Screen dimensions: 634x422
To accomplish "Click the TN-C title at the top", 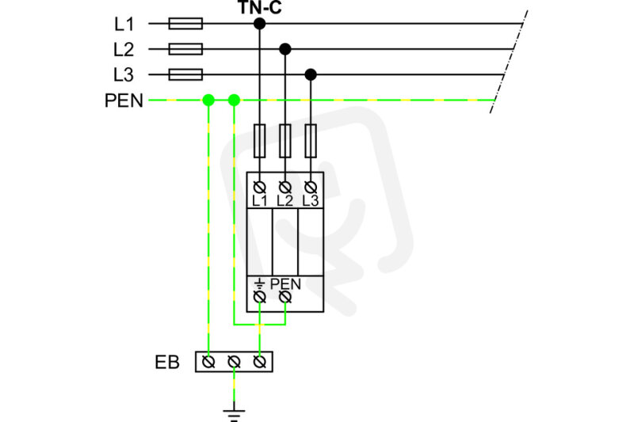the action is coord(260,7).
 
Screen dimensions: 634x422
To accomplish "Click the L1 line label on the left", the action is coord(124,25).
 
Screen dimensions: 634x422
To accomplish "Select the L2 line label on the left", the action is coord(124,49).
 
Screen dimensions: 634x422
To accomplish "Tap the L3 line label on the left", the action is coord(124,74).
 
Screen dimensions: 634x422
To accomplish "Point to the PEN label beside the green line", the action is coord(124,101).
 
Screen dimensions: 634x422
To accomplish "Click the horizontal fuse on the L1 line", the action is coord(185,24).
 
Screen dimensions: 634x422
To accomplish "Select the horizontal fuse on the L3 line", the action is coord(185,74).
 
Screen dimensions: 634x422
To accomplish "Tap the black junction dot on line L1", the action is coord(260,24).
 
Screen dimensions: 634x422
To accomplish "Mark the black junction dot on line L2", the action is coord(285,49).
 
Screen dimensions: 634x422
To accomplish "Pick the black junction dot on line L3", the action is coord(311,74).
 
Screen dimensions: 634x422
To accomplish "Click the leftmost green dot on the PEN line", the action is coord(208,100).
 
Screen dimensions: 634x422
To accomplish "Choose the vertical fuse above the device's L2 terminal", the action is coord(285,140).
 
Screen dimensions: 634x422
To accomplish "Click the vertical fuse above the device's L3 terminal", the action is coord(311,140).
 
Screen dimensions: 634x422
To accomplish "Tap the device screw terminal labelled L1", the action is coord(260,188).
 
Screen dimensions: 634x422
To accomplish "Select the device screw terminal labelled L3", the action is coord(311,188).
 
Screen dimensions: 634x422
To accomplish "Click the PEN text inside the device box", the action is coord(285,284).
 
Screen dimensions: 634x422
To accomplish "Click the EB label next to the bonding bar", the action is coord(167,363).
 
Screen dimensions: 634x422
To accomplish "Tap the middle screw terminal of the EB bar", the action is coord(234,362).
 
